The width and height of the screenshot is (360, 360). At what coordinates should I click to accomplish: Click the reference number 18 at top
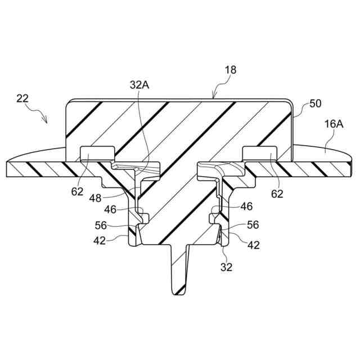coord(230,70)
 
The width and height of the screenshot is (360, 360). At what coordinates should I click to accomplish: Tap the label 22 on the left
coord(22,98)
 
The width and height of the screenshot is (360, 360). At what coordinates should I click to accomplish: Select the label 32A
coord(139,85)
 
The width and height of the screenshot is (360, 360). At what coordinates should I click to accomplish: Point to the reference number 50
coord(316,105)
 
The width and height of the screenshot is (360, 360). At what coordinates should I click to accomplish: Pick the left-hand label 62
coord(77,192)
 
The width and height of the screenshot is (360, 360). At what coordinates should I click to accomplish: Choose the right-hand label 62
coord(277,194)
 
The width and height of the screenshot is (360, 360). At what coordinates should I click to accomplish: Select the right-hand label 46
coord(246,207)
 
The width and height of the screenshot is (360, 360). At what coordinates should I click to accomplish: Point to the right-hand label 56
coord(253,224)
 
